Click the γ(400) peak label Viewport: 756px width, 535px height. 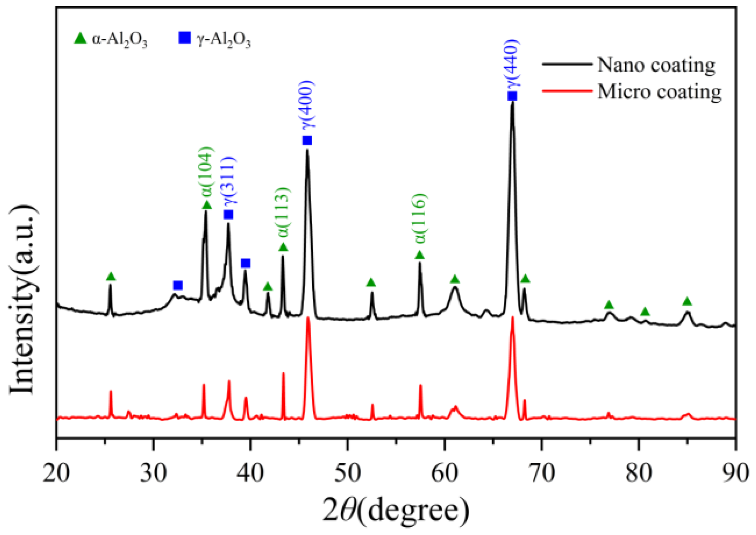pyautogui.click(x=307, y=105)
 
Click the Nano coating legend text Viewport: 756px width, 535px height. pyautogui.click(x=656, y=65)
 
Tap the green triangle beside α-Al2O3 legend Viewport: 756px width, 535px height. pyautogui.click(x=80, y=38)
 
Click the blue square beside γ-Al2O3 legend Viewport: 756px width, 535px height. pyautogui.click(x=184, y=38)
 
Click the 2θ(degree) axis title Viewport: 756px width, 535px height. pyautogui.click(x=396, y=511)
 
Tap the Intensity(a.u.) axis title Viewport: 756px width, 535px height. pyautogui.click(x=23, y=300)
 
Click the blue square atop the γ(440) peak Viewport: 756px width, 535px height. pyautogui.click(x=512, y=96)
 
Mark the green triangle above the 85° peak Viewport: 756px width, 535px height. pyautogui.click(x=687, y=301)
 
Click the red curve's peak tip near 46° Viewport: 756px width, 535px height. pyautogui.click(x=308, y=317)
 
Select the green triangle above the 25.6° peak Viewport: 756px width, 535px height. pyautogui.click(x=111, y=277)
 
